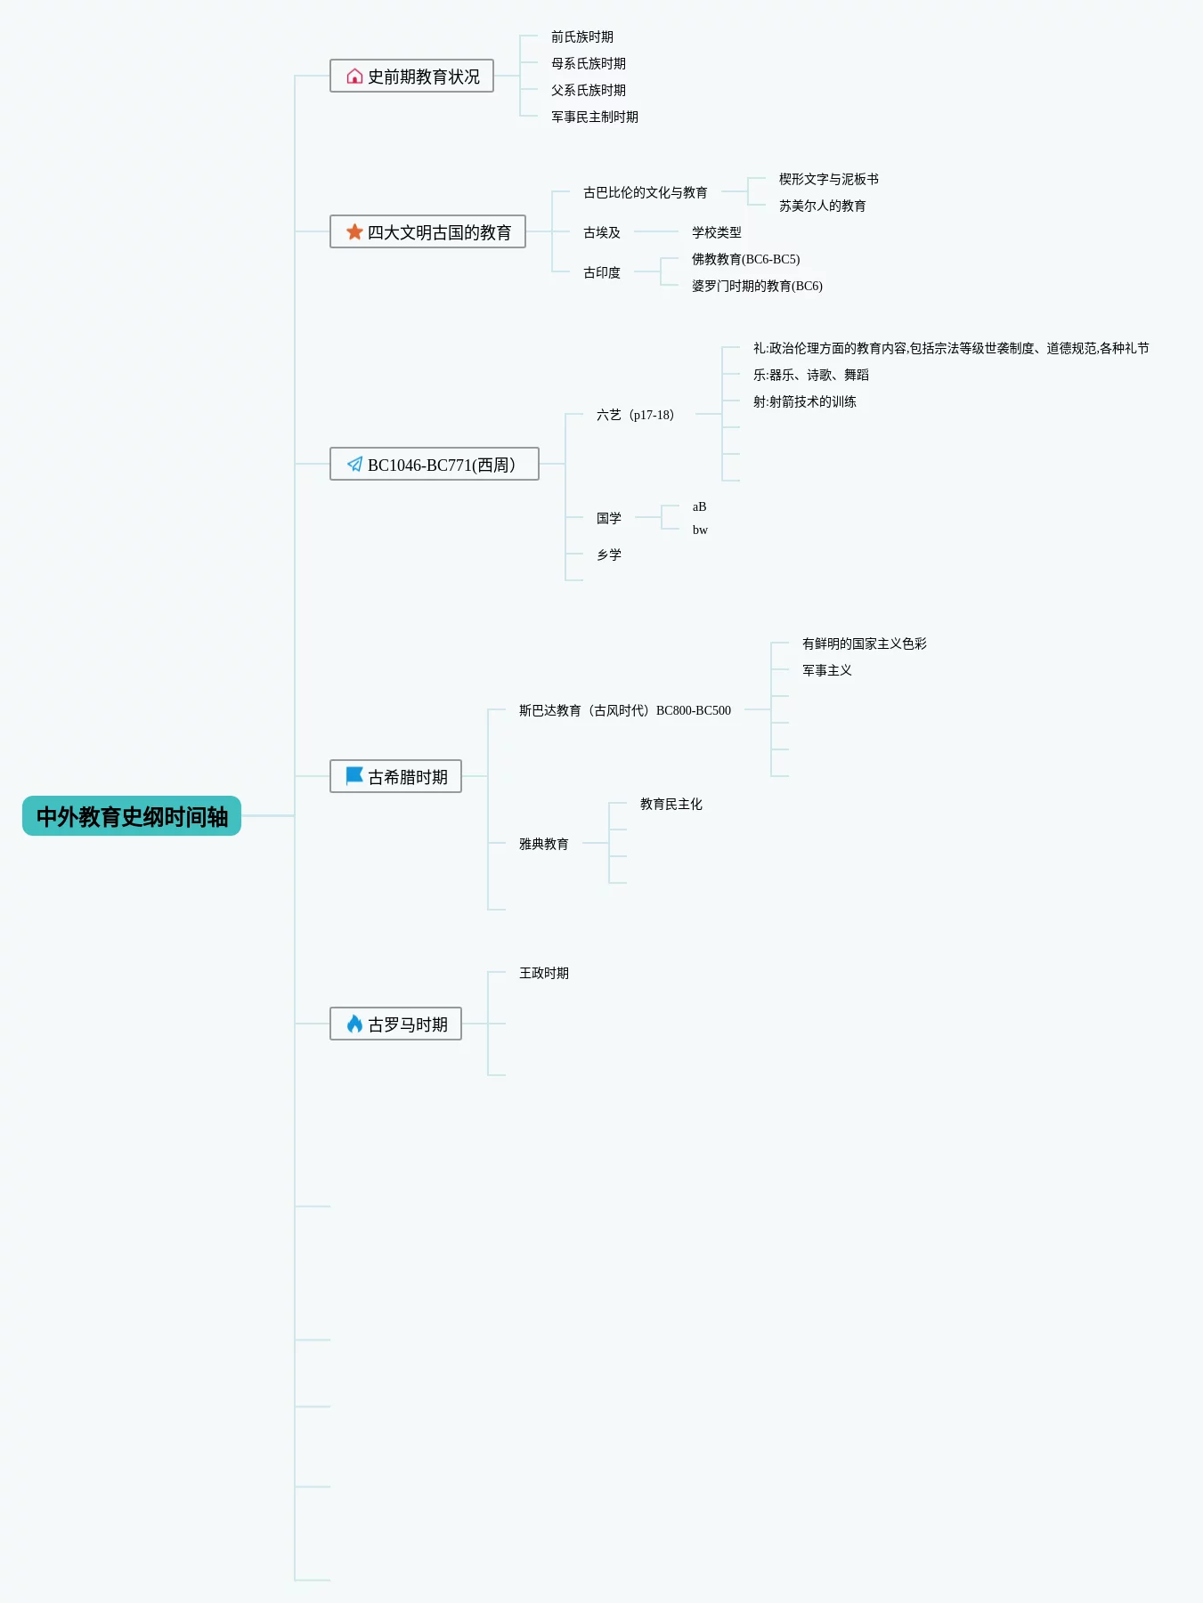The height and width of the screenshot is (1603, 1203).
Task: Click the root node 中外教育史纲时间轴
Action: click(x=132, y=816)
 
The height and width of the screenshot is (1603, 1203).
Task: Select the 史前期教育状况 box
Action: click(x=411, y=77)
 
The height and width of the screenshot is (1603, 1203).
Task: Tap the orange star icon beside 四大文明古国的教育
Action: click(x=354, y=232)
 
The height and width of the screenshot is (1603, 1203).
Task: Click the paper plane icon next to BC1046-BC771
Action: click(x=354, y=465)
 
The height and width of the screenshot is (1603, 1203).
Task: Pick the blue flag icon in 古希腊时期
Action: click(x=354, y=776)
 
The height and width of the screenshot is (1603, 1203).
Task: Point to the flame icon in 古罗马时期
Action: click(x=354, y=1024)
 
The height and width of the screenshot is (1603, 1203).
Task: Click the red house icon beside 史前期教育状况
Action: click(x=354, y=77)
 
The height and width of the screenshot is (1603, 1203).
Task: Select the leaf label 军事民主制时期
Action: click(x=594, y=117)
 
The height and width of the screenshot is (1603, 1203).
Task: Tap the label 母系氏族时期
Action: click(x=588, y=64)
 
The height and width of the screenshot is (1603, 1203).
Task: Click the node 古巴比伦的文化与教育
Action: click(x=645, y=193)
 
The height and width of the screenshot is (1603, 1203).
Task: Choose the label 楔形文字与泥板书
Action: click(x=828, y=180)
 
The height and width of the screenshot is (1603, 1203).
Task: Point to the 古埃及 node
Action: click(x=601, y=233)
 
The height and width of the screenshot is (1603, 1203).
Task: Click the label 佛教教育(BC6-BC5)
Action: click(x=745, y=260)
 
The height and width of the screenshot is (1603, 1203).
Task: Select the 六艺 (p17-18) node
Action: click(x=635, y=416)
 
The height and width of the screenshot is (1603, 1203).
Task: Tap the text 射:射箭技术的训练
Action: click(x=804, y=402)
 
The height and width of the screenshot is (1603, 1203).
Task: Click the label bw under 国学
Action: click(x=700, y=530)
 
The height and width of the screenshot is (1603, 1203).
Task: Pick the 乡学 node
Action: click(x=609, y=555)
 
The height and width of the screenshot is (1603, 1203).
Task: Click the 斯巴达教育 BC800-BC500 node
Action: click(x=624, y=711)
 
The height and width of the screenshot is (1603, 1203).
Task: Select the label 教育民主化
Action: click(x=671, y=805)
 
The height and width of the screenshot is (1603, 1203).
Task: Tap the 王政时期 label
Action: click(x=543, y=974)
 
